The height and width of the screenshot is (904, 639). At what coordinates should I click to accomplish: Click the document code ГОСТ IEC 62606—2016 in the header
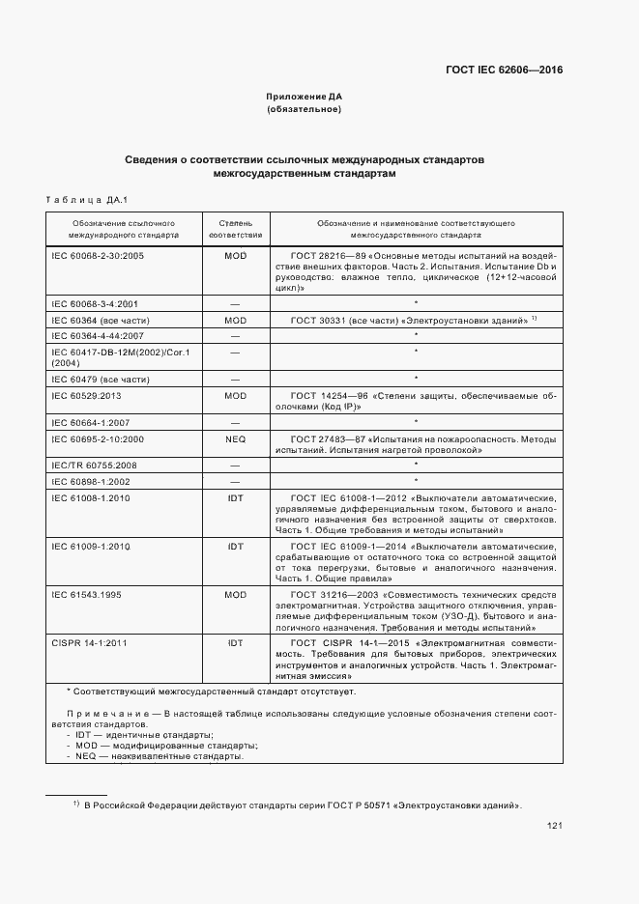(x=504, y=70)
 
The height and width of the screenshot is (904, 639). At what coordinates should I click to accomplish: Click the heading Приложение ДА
(x=305, y=97)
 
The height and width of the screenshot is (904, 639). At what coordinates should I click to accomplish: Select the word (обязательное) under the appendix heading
(x=305, y=109)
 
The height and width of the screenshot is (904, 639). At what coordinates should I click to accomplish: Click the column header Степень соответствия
(x=235, y=228)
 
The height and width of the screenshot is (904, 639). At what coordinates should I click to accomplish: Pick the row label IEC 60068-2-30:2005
(x=97, y=255)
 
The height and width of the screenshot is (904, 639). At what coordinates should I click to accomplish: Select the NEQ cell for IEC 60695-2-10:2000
(x=235, y=438)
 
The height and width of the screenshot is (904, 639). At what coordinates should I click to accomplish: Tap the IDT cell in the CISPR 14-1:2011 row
(x=235, y=641)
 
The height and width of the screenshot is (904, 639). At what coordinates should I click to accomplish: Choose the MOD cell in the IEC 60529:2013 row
(x=235, y=395)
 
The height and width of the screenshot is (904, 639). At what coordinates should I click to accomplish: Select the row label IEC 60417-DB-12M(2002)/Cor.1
(x=106, y=352)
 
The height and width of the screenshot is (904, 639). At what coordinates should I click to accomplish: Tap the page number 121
(x=554, y=825)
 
